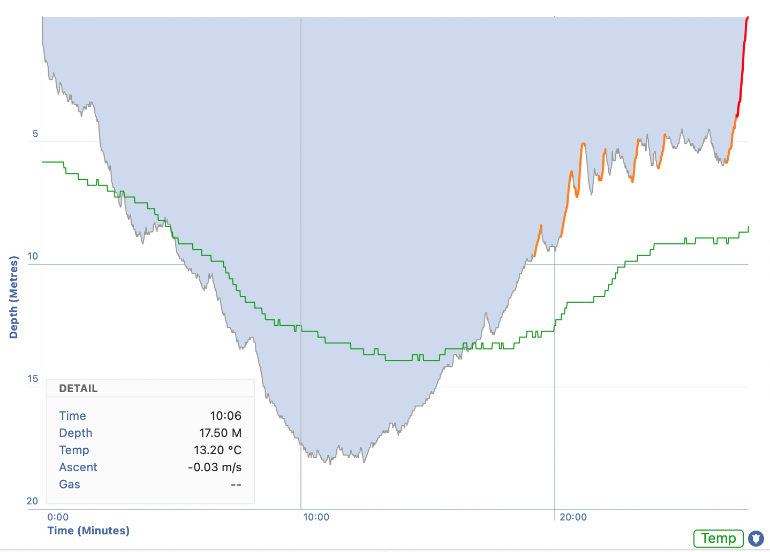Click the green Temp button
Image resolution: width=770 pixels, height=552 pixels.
click(x=718, y=538)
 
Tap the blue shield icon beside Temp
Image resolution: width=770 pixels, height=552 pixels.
click(x=756, y=538)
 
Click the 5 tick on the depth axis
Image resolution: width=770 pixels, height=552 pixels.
click(x=35, y=134)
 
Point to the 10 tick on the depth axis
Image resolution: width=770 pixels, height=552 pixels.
click(x=33, y=256)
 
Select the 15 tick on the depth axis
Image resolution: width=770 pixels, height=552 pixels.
click(x=33, y=379)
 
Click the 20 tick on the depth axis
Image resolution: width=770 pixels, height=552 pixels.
click(x=33, y=501)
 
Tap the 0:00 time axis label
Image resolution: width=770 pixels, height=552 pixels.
click(x=58, y=517)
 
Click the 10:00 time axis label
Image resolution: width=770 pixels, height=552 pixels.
click(x=316, y=517)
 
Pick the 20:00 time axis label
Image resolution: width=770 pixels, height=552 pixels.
click(x=573, y=517)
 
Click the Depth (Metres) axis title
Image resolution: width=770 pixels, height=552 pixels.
click(x=14, y=297)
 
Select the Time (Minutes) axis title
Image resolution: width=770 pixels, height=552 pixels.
click(x=88, y=531)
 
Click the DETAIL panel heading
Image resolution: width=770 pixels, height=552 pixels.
click(x=78, y=389)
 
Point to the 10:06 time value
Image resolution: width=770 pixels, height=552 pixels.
click(x=225, y=416)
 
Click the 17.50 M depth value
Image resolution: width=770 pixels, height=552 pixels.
click(x=220, y=433)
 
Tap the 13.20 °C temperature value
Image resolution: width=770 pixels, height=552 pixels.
click(x=217, y=450)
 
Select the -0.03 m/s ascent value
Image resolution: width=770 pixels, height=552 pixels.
click(x=215, y=467)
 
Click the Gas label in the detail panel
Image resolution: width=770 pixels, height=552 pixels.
click(x=70, y=484)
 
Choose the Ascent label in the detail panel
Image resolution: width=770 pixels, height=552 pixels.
click(x=78, y=467)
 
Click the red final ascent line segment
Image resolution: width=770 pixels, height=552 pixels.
click(x=742, y=70)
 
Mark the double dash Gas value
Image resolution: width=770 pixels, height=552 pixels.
click(x=236, y=485)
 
